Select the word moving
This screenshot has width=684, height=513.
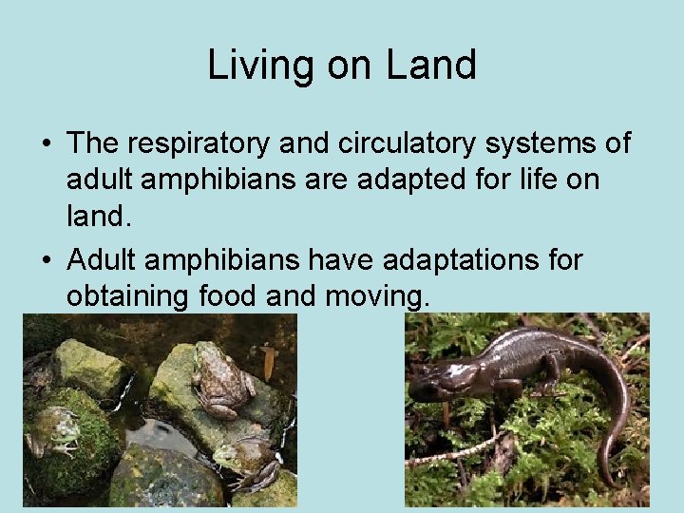coord(377,296)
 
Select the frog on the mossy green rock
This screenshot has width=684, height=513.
coord(54,433)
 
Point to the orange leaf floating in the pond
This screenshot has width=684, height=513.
coord(270,361)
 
